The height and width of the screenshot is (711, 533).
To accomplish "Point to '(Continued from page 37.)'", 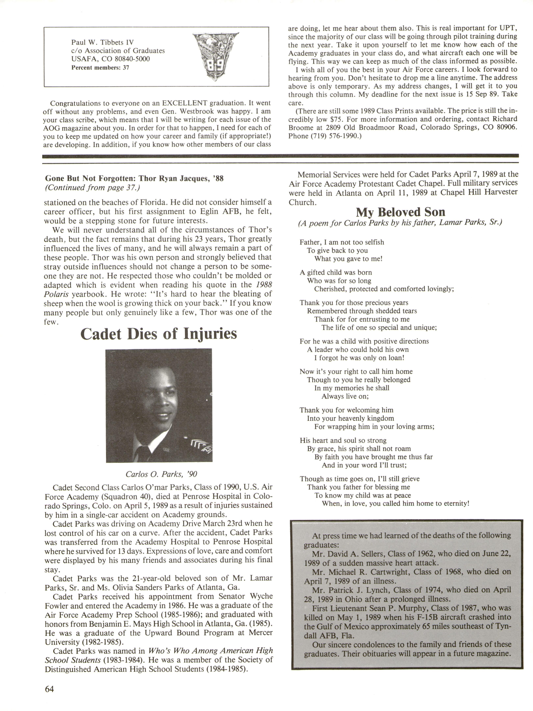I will [92, 187].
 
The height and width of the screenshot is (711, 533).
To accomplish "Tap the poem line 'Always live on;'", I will [345, 396].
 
